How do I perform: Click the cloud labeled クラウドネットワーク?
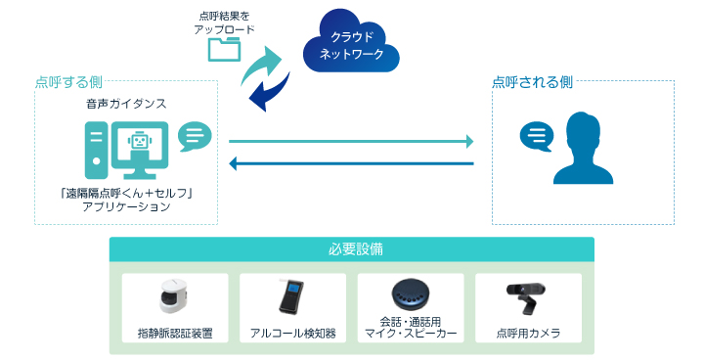pos(352,45)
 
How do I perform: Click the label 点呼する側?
pos(68,82)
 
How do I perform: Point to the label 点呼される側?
pos(532,82)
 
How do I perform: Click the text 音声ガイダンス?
pos(126,103)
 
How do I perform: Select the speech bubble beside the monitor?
pos(196,136)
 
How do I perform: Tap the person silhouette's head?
pos(584,130)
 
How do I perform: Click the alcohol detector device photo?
pos(291,296)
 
